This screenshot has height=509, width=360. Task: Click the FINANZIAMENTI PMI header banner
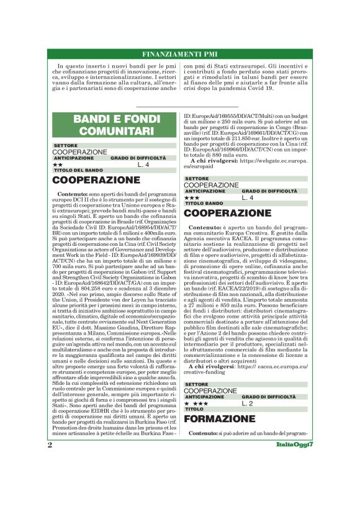[179, 53]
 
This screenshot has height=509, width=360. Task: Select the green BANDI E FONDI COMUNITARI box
[113, 125]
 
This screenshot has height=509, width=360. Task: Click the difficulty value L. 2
[247, 403]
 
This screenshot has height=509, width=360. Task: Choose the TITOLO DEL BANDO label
[78, 169]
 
